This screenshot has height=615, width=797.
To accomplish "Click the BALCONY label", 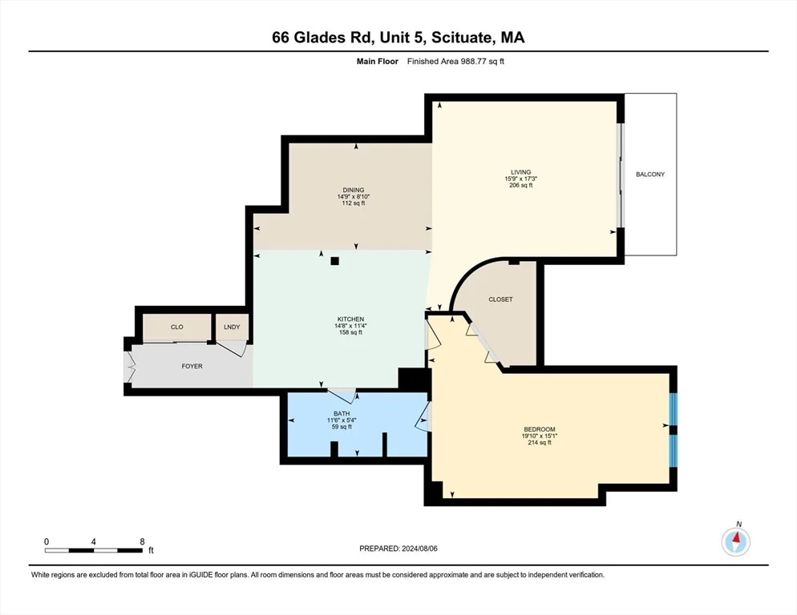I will click(x=649, y=175).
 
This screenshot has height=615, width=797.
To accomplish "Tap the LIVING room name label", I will click(x=522, y=171).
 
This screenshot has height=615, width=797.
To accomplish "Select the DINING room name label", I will click(x=353, y=190).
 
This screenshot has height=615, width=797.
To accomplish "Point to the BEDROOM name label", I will click(x=540, y=429).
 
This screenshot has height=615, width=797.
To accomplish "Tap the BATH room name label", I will click(x=339, y=413).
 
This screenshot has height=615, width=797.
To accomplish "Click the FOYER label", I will click(x=192, y=367).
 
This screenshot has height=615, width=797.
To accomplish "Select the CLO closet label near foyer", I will click(x=177, y=327).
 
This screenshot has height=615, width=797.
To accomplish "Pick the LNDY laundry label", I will click(x=233, y=327).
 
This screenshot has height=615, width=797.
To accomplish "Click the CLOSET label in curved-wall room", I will click(x=500, y=299).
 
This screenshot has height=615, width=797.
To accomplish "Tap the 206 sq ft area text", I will click(x=522, y=185).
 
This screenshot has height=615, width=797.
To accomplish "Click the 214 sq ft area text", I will click(x=540, y=443).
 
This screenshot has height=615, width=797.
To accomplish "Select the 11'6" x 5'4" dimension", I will click(x=339, y=420).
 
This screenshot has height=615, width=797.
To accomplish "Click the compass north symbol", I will click(x=735, y=542).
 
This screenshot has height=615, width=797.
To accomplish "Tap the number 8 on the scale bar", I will click(x=142, y=541).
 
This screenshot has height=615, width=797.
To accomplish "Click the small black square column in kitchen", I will click(x=335, y=260).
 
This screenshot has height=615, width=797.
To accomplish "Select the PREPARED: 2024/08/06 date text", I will click(x=398, y=548).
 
